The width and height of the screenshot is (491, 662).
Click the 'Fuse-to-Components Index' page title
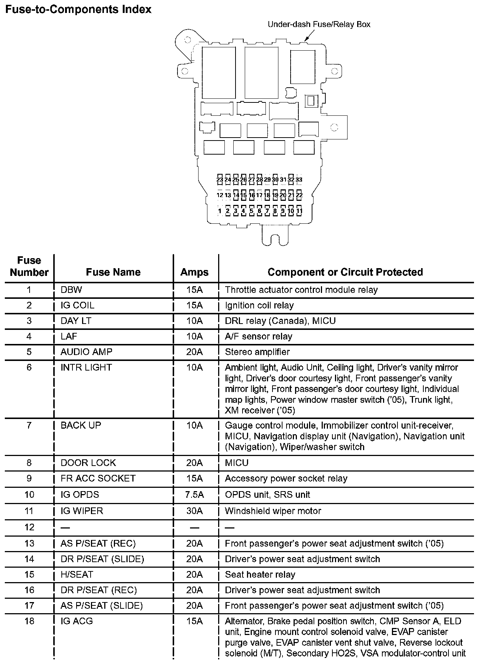(x=78, y=9)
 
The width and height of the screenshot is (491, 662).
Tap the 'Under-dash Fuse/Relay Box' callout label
(x=319, y=24)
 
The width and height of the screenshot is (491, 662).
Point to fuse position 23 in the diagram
(x=220, y=180)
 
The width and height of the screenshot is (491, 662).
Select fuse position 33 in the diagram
(x=299, y=180)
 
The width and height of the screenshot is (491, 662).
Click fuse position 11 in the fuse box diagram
(x=299, y=212)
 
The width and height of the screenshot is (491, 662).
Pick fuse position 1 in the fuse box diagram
(x=220, y=212)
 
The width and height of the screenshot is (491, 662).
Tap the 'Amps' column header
(x=194, y=273)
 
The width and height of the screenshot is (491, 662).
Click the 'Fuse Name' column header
(x=113, y=273)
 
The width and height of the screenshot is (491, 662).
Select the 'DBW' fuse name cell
(x=71, y=290)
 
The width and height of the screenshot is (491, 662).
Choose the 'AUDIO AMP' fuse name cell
(x=86, y=352)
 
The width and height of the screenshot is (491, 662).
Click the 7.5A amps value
(x=194, y=495)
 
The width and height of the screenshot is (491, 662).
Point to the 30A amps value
(x=194, y=511)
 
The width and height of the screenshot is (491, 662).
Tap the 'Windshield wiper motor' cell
(x=273, y=511)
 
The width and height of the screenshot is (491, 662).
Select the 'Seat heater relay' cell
(x=260, y=575)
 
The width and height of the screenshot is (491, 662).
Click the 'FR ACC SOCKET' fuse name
(x=98, y=479)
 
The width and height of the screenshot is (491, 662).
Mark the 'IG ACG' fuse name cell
(x=77, y=621)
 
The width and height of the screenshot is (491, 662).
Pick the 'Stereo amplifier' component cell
(x=257, y=352)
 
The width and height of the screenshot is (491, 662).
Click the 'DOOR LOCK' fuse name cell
(x=88, y=463)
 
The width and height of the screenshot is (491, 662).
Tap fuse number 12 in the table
(x=29, y=527)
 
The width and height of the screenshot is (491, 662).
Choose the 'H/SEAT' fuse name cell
(x=77, y=575)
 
